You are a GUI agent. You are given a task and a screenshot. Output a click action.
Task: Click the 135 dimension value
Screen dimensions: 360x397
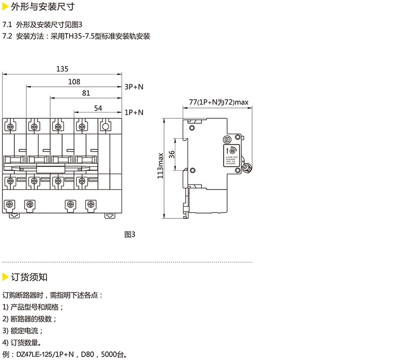coord(62,69)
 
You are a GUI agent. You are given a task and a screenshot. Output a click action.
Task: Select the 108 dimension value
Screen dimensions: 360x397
coord(74,82)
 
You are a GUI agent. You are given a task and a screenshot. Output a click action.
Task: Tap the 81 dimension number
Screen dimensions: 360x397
coord(86,93)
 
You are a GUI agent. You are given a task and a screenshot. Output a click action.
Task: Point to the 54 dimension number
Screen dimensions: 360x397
coord(98,108)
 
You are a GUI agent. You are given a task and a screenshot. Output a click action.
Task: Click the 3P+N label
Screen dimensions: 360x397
coord(133,87)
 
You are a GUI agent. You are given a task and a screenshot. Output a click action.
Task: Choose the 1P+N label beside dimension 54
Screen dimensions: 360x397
coord(133,112)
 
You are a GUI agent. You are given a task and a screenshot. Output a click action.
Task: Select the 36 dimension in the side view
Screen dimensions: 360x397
coord(172,154)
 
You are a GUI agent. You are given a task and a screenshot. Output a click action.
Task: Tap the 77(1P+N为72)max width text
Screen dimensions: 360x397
coord(219,103)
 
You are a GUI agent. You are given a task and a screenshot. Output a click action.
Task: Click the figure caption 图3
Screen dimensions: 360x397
coord(130,235)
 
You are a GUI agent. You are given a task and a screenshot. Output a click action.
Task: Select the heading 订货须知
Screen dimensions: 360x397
coord(29,277)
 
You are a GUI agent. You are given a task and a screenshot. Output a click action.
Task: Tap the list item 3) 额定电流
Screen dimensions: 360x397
coord(23,330)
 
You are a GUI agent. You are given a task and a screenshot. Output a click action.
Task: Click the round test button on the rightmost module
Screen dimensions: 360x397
coord(104,127)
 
